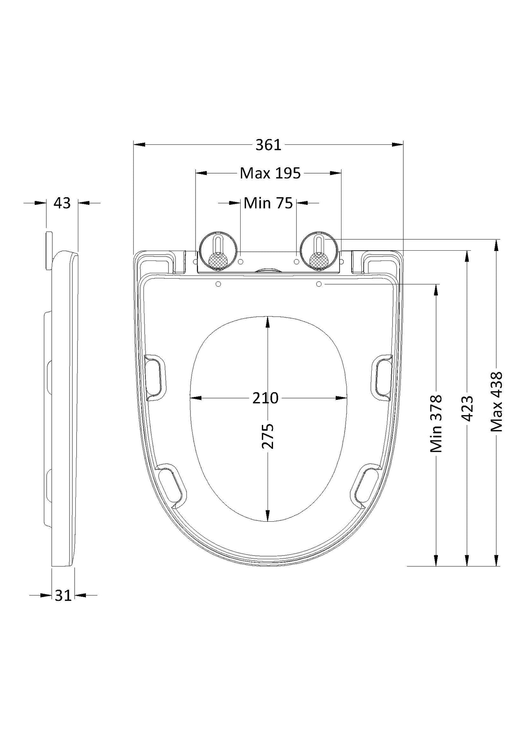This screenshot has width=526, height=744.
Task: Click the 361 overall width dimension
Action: (x=268, y=145)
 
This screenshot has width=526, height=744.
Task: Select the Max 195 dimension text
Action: (x=270, y=174)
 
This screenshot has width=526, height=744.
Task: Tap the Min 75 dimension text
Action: (x=268, y=203)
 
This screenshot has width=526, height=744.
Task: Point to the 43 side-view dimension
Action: (x=62, y=203)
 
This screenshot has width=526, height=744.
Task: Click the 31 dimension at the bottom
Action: (x=63, y=596)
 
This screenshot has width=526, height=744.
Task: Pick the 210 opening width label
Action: (x=265, y=398)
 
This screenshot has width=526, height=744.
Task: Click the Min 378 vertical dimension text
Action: (x=436, y=424)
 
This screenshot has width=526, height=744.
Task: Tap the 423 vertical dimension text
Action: (x=467, y=408)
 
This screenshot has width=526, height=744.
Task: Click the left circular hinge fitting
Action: (x=218, y=251)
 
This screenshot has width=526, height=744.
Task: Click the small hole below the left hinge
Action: (x=218, y=284)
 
